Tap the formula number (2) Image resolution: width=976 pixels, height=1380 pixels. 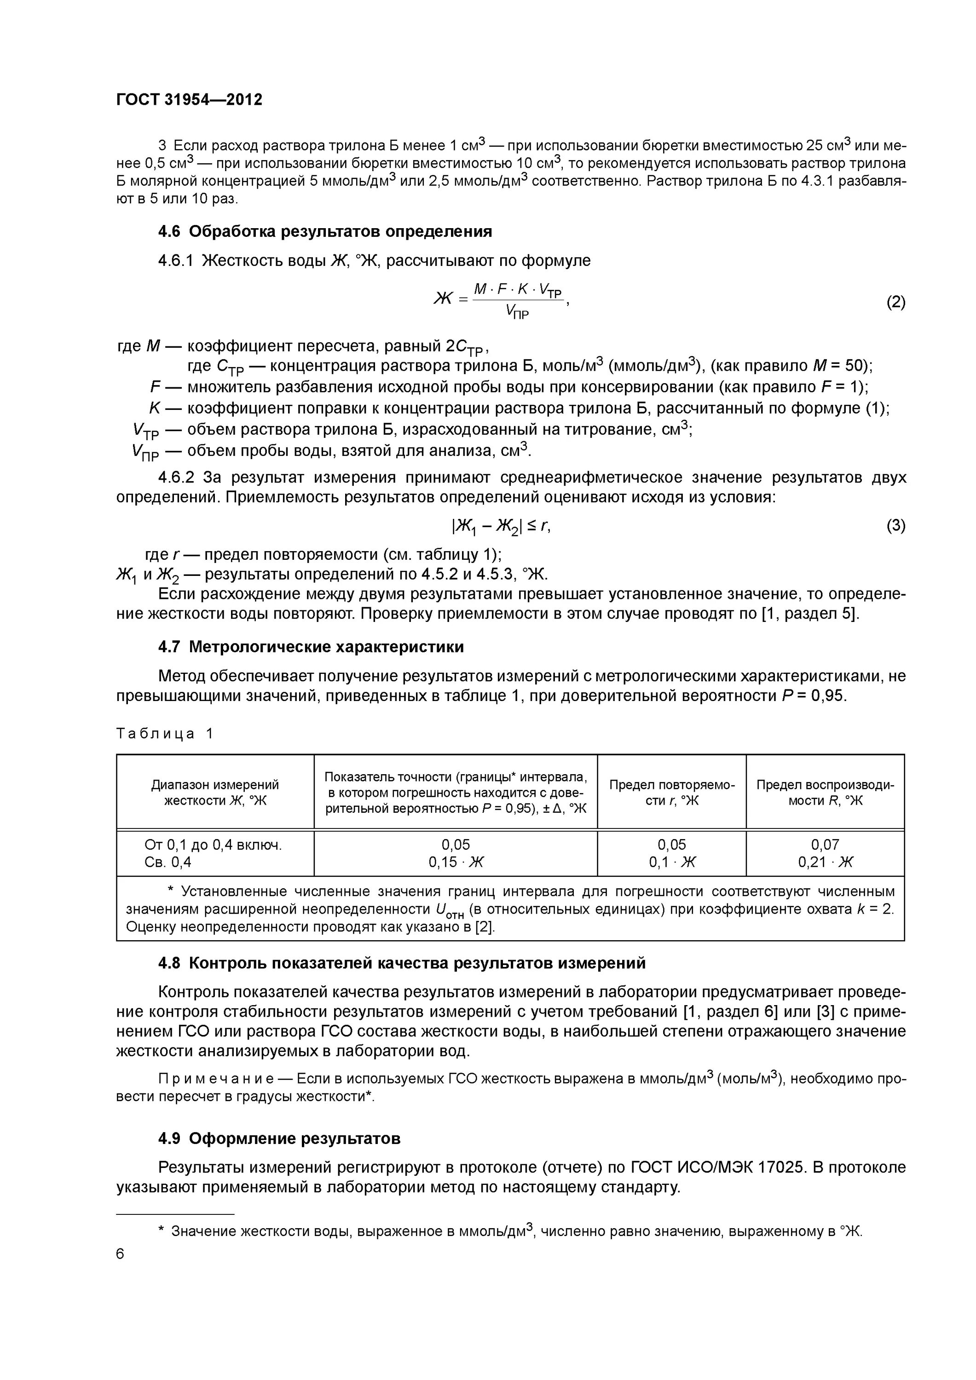pos(895,302)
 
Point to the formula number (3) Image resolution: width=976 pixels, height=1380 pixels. pos(895,526)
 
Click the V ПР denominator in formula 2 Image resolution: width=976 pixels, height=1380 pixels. pos(517,311)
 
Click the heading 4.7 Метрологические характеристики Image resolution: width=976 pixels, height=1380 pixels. pos(311,647)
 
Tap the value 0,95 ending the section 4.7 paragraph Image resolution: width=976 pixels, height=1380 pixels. pos(828,696)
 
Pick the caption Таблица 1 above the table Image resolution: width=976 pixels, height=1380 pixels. pos(164,733)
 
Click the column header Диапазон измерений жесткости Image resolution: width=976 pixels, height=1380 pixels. pos(215,792)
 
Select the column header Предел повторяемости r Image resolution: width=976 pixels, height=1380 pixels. pos(672,792)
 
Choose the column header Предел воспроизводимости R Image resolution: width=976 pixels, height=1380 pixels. pos(825,792)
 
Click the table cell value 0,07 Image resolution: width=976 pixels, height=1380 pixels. pos(825,845)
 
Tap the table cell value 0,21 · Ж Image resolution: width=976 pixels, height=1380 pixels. pos(825,862)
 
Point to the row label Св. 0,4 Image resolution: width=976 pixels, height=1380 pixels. pos(168,862)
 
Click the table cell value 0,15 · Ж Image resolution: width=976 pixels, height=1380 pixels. pos(456,862)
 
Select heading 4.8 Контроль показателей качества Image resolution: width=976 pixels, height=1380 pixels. pos(402,963)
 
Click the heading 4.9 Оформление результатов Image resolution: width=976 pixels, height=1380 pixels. pos(279,1138)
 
